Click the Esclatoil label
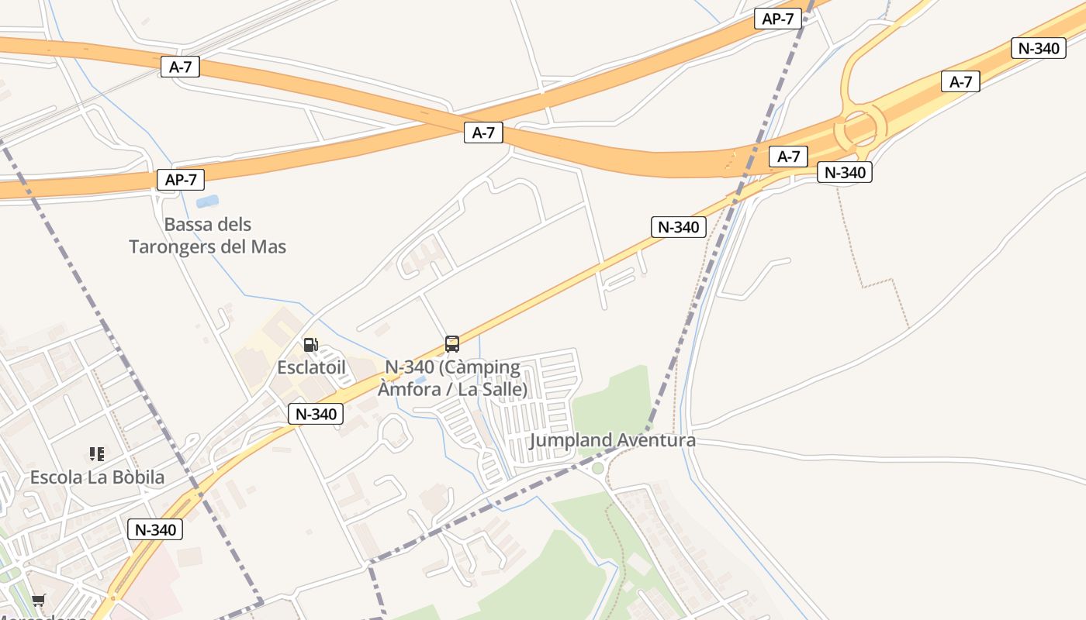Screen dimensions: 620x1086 311,367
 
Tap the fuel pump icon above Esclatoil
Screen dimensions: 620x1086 311,345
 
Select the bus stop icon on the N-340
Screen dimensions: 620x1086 452,343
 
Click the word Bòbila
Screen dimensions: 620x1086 137,477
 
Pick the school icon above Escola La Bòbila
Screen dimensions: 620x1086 96,453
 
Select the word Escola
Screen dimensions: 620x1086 56,477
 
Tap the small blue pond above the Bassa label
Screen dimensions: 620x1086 207,201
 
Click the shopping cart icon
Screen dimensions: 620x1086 38,600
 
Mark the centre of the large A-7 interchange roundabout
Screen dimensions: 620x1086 859,128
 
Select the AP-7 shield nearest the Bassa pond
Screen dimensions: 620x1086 181,180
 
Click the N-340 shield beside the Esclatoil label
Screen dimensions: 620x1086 316,414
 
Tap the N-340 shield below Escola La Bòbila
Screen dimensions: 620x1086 155,530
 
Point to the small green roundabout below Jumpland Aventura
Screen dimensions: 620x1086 597,468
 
